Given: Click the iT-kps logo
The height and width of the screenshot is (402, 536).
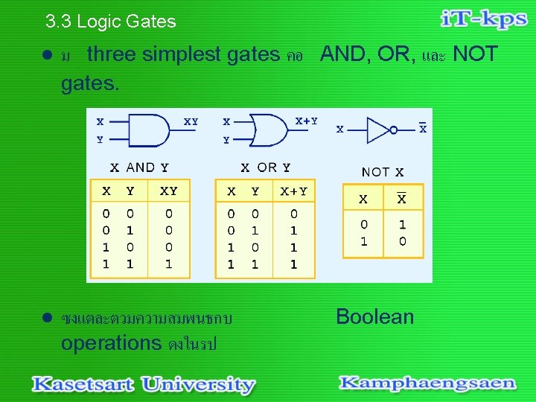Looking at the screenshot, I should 484,20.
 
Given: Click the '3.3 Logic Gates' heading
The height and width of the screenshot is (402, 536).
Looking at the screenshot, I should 110,22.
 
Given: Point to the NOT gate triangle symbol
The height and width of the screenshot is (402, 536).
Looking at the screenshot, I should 379,130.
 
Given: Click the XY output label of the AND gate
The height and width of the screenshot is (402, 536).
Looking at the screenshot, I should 191,121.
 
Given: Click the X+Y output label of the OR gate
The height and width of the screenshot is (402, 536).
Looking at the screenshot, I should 306,121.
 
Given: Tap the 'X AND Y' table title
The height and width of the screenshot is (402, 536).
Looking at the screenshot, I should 139,167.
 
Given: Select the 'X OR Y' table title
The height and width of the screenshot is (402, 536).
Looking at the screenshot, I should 265,167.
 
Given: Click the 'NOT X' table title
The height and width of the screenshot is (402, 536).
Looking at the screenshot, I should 383,172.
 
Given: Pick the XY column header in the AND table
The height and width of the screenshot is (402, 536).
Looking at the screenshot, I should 169,191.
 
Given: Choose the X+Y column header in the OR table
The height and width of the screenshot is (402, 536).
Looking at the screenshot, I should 293,191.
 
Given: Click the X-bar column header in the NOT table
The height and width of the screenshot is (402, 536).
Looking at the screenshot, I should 402,199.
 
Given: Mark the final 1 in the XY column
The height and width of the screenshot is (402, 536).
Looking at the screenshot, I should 169,264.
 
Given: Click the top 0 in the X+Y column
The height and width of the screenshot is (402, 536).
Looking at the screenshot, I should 293,214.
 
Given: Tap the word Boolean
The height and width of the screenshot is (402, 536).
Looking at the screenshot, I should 374,316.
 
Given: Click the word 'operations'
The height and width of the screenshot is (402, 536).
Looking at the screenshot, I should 111,343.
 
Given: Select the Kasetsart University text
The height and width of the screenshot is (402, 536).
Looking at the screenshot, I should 143,385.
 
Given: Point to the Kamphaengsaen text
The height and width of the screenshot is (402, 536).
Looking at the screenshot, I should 427,383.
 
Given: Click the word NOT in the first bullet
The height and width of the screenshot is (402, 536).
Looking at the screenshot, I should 475,54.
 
